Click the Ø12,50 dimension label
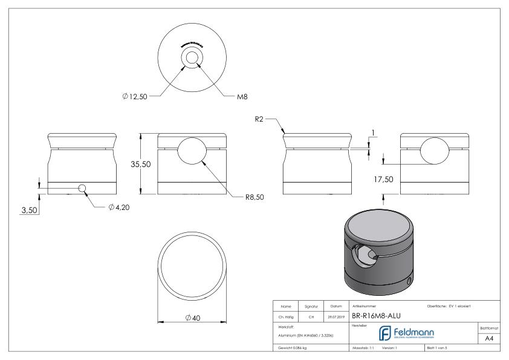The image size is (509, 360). [x=136, y=96]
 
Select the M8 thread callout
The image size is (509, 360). [x=243, y=96]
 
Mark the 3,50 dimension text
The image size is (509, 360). [x=28, y=210]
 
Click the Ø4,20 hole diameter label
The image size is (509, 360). [x=119, y=206]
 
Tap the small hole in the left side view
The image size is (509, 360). [x=82, y=188]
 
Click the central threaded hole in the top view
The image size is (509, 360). [x=192, y=58]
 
